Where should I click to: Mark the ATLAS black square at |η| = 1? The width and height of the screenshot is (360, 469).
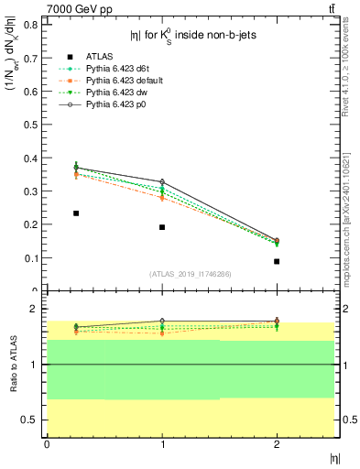pyautogui.click(x=162, y=227)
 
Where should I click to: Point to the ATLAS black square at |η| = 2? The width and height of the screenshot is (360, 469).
pyautogui.click(x=277, y=261)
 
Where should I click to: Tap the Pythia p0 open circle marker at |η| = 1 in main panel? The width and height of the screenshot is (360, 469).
pyautogui.click(x=162, y=181)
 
